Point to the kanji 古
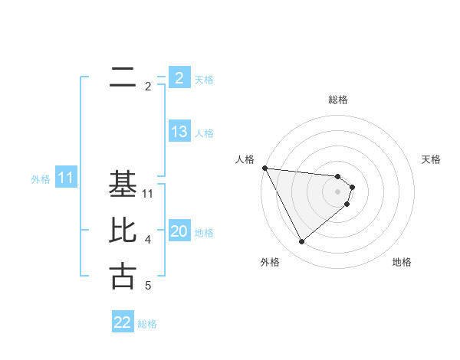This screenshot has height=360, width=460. point(123,277)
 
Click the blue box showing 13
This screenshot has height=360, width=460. point(179,132)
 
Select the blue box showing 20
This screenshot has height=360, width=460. point(179,231)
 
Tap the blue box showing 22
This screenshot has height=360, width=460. point(123,322)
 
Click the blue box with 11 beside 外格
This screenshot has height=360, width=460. point(65,178)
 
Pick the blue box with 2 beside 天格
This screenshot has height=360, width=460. point(179,78)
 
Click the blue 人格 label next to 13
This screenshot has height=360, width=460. point(204,133)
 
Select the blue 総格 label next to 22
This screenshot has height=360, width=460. point(147,324)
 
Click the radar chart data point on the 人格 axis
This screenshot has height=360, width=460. point(264,168)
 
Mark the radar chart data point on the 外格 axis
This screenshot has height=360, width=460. point(301,242)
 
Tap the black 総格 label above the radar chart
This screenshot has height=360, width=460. point(338,100)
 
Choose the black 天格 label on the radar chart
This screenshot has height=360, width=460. point(432,159)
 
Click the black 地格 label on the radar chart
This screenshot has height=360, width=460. point(402,262)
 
